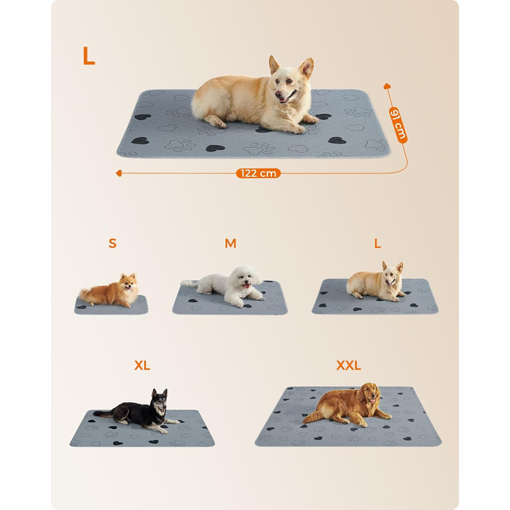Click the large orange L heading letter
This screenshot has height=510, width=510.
88,55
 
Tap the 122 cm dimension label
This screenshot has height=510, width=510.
258,173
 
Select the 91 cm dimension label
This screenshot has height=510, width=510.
398,125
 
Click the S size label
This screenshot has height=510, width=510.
112,243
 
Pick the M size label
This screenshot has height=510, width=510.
231,243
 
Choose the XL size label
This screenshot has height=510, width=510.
142,366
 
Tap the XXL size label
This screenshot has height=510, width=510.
349,366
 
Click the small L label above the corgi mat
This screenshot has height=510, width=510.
377,243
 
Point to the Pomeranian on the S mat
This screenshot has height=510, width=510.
109,291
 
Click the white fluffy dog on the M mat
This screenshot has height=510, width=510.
227,286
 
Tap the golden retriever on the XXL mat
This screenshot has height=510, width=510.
348,405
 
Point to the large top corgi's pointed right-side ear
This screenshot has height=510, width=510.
307,68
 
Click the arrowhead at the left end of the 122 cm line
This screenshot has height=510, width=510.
119,173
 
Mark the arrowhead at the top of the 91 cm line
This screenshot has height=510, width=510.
387,86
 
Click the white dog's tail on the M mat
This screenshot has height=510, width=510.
189,283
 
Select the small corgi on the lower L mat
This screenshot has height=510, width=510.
376,282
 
